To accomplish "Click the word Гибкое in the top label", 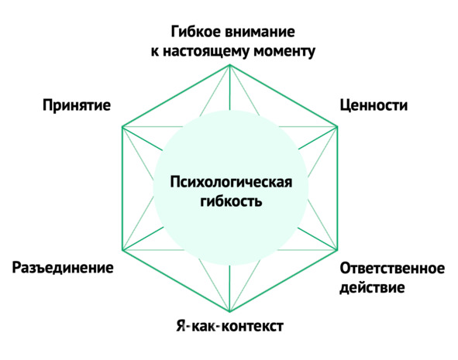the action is click(x=196, y=32).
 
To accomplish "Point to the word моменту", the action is click(x=284, y=51).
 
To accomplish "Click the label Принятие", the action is click(x=77, y=105).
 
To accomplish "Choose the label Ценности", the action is click(x=374, y=105).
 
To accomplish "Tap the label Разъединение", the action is click(x=63, y=268).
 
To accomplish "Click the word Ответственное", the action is click(x=392, y=268).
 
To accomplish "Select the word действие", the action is click(x=372, y=288).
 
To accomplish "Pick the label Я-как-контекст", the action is click(x=229, y=326).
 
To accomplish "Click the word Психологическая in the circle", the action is click(x=231, y=182).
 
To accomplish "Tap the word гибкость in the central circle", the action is click(x=231, y=201).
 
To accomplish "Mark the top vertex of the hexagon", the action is click(x=230, y=64).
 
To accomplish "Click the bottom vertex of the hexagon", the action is click(x=230, y=312).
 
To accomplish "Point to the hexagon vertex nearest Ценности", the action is click(x=337, y=127).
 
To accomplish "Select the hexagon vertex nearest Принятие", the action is click(x=122, y=127).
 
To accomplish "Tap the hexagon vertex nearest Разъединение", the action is click(x=122, y=250).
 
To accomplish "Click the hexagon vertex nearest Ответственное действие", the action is click(x=337, y=250).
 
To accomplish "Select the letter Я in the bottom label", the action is click(x=181, y=326).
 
